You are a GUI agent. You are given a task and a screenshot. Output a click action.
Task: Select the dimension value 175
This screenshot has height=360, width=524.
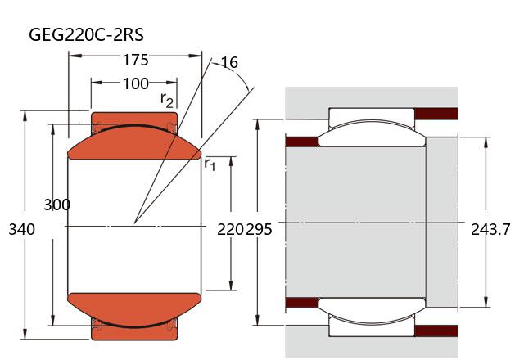coord(135,60)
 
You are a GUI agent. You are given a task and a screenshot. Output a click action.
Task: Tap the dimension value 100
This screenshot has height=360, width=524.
coord(135,83)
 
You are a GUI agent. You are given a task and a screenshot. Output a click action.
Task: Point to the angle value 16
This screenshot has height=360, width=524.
coord(229,63)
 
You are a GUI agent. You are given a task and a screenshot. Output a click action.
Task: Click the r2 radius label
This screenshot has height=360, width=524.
coord(167,100)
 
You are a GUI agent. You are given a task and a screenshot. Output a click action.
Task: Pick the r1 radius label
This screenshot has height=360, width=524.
coord(210,164)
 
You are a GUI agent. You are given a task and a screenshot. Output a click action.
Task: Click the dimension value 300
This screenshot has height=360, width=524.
coord(56,205)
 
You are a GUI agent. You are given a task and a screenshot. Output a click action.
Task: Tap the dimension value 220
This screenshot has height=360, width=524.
coord(230,230)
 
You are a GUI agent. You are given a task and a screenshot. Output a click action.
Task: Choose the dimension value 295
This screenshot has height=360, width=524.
coord(259,230)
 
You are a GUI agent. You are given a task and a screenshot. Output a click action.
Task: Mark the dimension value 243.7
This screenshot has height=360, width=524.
coord(490,230)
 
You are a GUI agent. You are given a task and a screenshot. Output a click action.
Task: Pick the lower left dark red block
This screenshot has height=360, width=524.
coord(301,304)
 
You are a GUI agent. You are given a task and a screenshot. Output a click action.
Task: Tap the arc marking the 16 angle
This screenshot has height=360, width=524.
coord(246,82)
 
